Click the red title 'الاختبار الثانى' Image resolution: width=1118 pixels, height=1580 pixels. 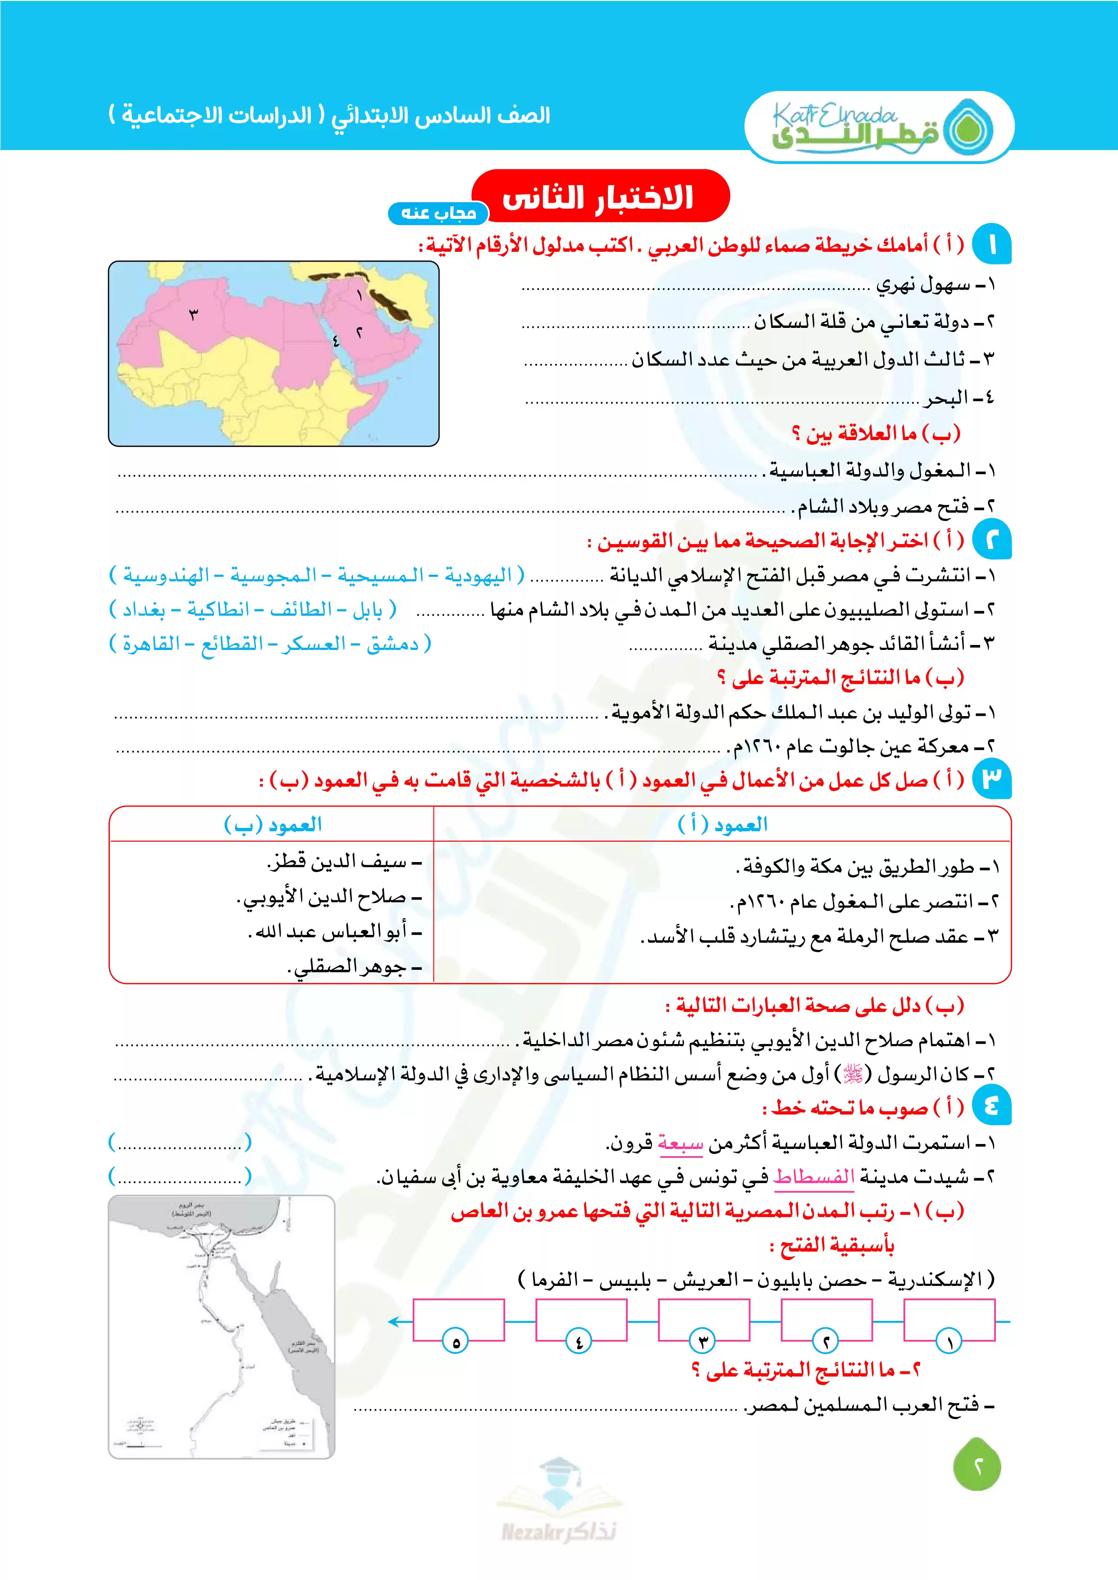coord(599,197)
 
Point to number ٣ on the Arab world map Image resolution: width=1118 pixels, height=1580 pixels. coord(193,315)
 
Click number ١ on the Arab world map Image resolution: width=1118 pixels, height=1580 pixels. coord(359,296)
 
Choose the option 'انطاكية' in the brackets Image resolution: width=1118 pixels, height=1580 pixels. coord(218,610)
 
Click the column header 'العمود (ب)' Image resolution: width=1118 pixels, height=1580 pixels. coord(273,824)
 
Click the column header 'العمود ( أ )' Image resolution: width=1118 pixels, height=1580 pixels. coord(722,824)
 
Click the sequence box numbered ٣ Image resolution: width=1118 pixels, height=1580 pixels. coord(703,1320)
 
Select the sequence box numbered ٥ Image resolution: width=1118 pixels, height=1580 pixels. coord(458,1320)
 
